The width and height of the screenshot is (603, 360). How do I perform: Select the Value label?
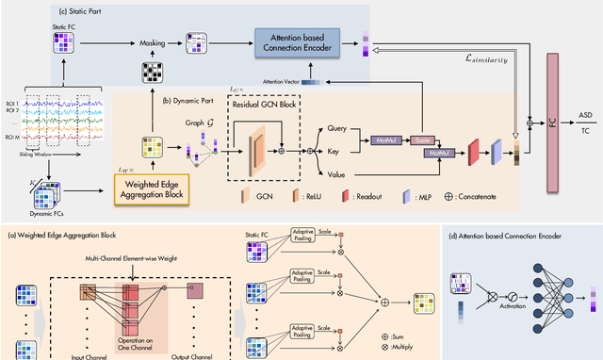pos(334,173)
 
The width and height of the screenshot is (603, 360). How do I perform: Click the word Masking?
pos(152,42)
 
